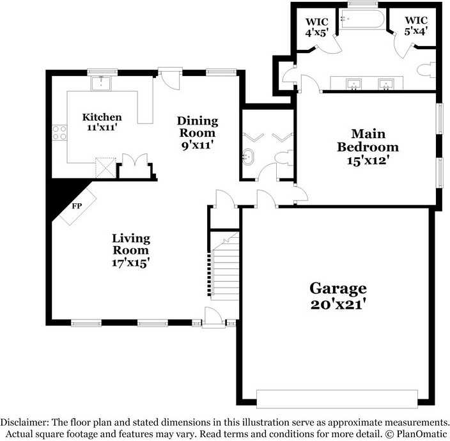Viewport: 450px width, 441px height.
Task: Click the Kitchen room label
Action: coord(102,118)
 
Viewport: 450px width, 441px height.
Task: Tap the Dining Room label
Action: coord(197,127)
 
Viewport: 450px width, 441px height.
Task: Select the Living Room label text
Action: coord(131,244)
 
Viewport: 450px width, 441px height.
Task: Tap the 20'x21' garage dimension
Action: coord(338,305)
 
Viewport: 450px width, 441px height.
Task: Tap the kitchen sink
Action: coord(102,82)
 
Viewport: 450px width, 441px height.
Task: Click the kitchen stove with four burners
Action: coord(59,132)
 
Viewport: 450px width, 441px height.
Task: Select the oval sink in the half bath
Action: coord(248,155)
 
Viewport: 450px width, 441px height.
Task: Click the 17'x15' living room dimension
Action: coord(131,261)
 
